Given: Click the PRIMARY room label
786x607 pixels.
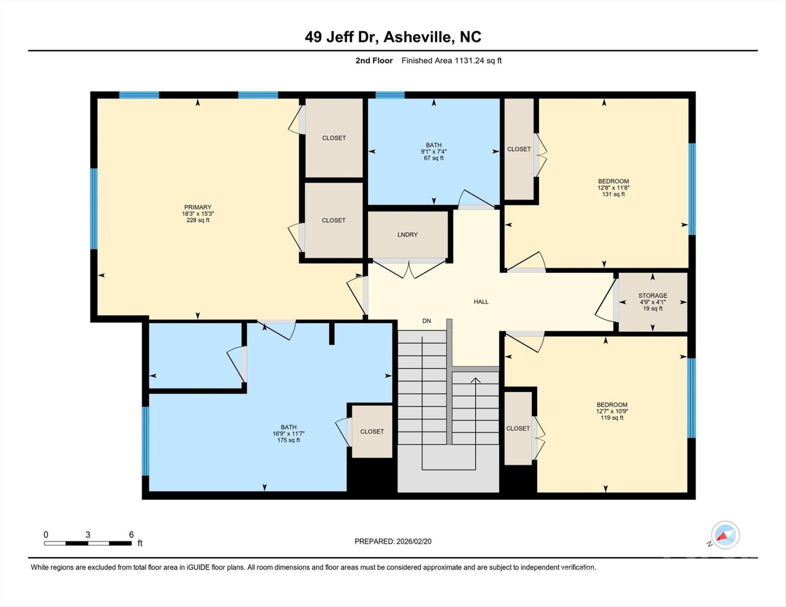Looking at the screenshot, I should coord(197,207).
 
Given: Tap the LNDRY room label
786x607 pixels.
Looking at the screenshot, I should coord(407,235).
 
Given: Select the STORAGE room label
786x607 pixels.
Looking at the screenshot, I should coord(652,295).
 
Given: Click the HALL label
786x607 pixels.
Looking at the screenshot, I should coord(481,302).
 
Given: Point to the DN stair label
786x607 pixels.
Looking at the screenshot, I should coord(426,321).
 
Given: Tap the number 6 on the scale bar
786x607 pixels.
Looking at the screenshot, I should coord(131,534).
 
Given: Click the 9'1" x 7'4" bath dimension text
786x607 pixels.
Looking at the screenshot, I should coord(433,152).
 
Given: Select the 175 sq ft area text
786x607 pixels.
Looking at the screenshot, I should coord(288,440).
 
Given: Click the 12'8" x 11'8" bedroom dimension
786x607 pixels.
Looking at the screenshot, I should coord(613,188).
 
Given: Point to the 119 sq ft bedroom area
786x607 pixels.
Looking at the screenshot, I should coord(612,418).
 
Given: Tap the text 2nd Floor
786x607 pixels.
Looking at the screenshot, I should coord(374,61).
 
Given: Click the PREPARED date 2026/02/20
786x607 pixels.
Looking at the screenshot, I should coord(414,542).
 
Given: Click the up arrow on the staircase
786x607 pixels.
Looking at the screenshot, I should coord(475,381).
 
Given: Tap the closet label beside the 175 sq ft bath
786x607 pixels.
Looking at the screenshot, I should coord(372,432).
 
